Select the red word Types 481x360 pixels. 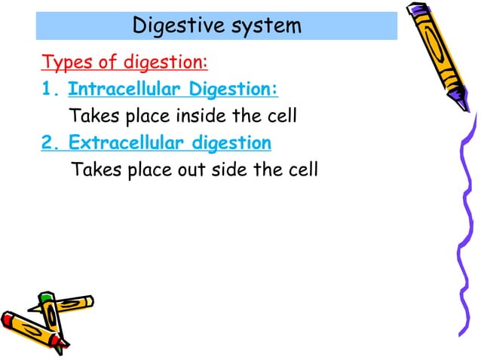(63, 61)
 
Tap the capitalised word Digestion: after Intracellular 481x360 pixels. (234, 90)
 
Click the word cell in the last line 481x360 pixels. (302, 169)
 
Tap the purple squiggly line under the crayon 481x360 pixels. (461, 226)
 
